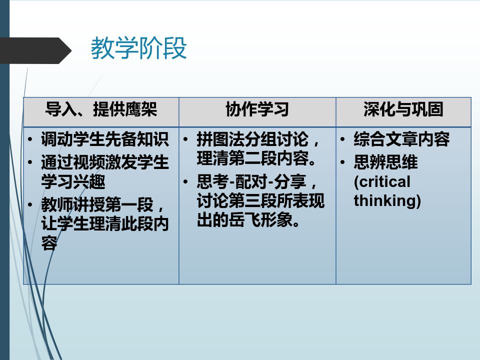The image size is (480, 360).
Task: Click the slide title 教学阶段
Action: (138, 48)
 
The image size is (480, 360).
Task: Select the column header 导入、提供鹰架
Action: (101, 109)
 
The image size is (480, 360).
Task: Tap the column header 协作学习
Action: (257, 109)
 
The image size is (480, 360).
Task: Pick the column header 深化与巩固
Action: (403, 109)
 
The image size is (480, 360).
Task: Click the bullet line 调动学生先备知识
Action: (104, 139)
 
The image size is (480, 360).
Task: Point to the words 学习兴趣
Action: (73, 181)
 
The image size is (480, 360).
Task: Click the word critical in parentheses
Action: (382, 182)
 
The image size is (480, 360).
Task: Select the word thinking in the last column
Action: (387, 201)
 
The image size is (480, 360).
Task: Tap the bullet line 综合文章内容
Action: (401, 139)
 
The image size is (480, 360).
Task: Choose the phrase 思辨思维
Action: (385, 162)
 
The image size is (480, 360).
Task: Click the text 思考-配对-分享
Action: (251, 181)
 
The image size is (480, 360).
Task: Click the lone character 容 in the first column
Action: (49, 243)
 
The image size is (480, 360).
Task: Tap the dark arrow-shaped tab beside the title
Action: (35, 50)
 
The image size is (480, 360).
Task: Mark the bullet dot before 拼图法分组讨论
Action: (185, 139)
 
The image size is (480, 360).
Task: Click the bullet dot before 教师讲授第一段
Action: (29, 204)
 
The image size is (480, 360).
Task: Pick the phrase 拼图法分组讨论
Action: (252, 139)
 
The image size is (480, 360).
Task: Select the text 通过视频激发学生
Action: (104, 162)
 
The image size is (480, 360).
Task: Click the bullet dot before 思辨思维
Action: (342, 162)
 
